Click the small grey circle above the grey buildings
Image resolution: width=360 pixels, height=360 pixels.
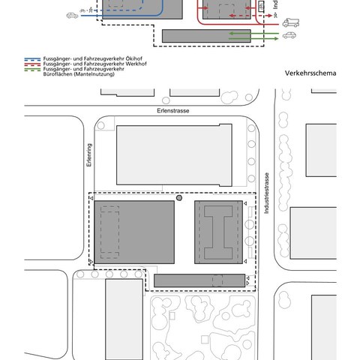tap(178, 197)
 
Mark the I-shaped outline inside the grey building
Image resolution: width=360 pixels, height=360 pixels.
tap(220, 231)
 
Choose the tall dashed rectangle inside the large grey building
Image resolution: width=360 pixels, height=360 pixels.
tap(109, 231)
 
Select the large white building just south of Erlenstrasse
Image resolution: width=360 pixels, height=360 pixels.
tap(174, 154)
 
